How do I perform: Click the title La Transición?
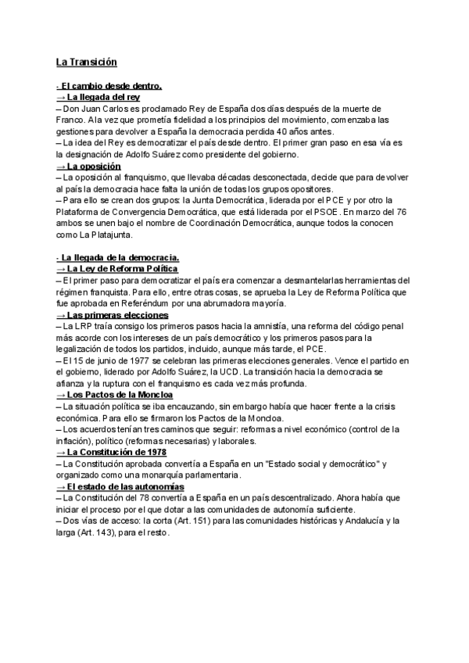point(86,62)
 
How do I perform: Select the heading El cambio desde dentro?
point(110,87)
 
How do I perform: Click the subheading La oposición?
point(89,167)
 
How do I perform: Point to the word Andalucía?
point(374,521)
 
